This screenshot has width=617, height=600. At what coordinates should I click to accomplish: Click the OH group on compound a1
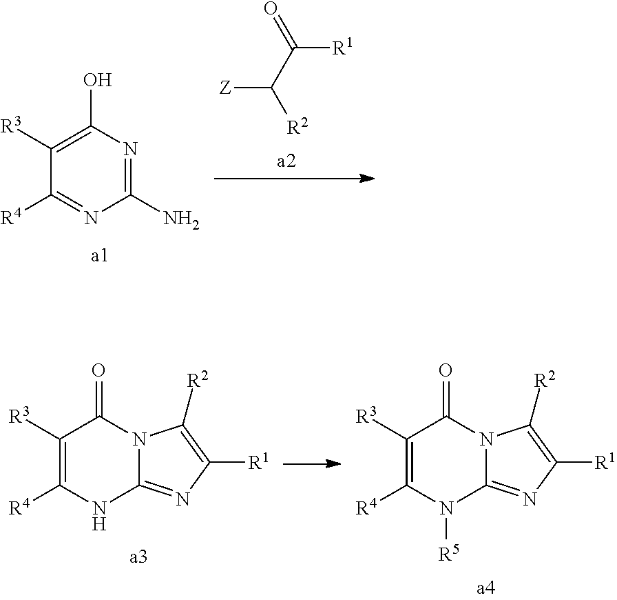(x=97, y=81)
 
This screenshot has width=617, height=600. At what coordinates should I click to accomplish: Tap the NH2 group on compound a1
(x=181, y=219)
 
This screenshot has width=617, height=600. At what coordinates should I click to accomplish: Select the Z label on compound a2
(x=225, y=88)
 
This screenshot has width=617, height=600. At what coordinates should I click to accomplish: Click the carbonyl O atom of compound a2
(x=271, y=9)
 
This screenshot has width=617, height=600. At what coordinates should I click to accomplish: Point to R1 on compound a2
(x=342, y=47)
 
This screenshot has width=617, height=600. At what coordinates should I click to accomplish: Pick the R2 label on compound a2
(x=297, y=126)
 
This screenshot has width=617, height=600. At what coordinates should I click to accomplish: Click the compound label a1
(x=99, y=257)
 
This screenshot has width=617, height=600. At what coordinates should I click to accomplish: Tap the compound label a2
(x=286, y=161)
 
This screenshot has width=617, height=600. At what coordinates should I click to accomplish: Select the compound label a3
(x=138, y=557)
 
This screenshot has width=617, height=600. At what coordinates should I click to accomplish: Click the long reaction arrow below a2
(x=294, y=179)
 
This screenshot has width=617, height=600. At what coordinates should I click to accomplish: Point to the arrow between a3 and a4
(x=312, y=464)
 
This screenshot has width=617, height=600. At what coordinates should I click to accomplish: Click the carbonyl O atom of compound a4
(x=446, y=370)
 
